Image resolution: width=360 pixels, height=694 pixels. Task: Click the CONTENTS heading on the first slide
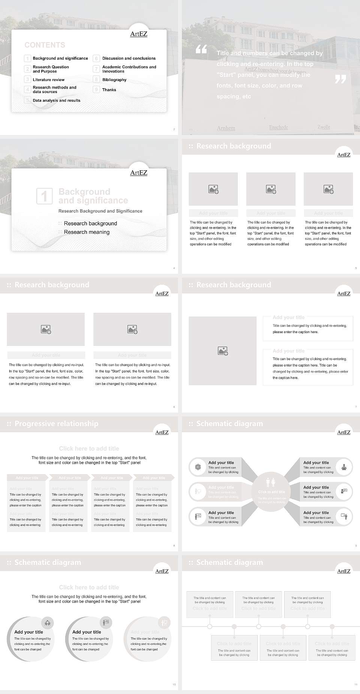[45, 45]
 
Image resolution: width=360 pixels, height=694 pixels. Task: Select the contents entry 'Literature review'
[48, 80]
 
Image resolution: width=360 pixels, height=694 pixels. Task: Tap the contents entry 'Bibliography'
[114, 80]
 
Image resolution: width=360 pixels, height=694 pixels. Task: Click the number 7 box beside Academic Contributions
[96, 69]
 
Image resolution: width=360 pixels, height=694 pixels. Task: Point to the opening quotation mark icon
[201, 49]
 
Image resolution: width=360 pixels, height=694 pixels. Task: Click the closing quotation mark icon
[340, 79]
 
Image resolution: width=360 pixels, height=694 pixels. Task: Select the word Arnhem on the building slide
[226, 128]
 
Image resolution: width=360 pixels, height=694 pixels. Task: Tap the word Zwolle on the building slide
[324, 127]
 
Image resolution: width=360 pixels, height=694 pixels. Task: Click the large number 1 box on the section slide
[44, 196]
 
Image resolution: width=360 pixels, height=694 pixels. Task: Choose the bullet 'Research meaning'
[87, 232]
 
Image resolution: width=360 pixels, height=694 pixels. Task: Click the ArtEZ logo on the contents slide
[139, 34]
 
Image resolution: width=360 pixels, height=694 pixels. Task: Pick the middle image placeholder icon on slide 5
[271, 189]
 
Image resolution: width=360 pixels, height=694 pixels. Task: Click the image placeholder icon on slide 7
[223, 351]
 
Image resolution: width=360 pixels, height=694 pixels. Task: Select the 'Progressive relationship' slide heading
[56, 424]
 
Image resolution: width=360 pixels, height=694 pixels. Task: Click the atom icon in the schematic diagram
[198, 467]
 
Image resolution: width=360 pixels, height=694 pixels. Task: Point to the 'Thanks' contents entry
[109, 90]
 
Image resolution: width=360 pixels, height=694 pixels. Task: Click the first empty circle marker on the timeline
[210, 626]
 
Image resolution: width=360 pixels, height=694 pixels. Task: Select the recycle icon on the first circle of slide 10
[48, 623]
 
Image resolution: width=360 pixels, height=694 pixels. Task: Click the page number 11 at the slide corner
[355, 685]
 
